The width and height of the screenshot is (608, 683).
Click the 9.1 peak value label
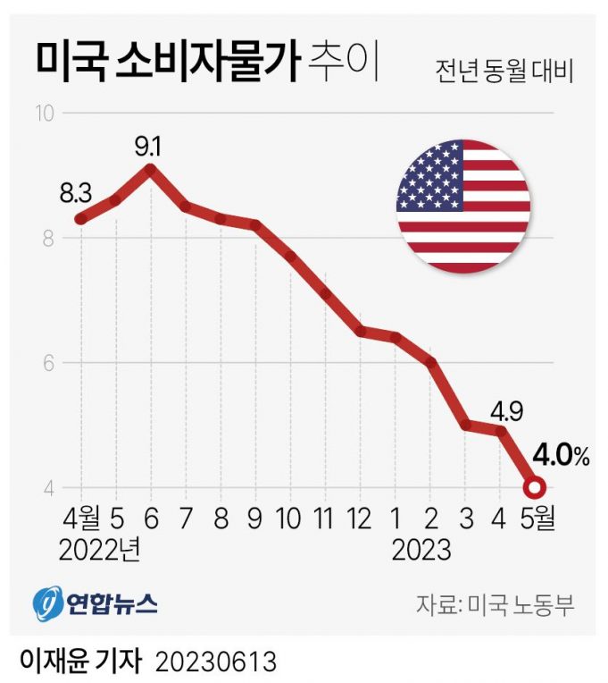pyautogui.click(x=150, y=142)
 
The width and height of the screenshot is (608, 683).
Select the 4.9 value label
pyautogui.click(x=505, y=411)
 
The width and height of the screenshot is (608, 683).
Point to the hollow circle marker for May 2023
pyautogui.click(x=534, y=488)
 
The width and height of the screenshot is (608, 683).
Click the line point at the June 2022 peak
pyautogui.click(x=150, y=168)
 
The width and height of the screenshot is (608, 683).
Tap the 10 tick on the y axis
pyautogui.click(x=45, y=114)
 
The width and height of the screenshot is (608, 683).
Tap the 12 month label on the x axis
pyautogui.click(x=359, y=519)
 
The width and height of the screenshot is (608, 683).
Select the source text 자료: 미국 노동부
pyautogui.click(x=493, y=604)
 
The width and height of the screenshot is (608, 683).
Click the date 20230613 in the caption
pyautogui.click(x=215, y=662)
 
